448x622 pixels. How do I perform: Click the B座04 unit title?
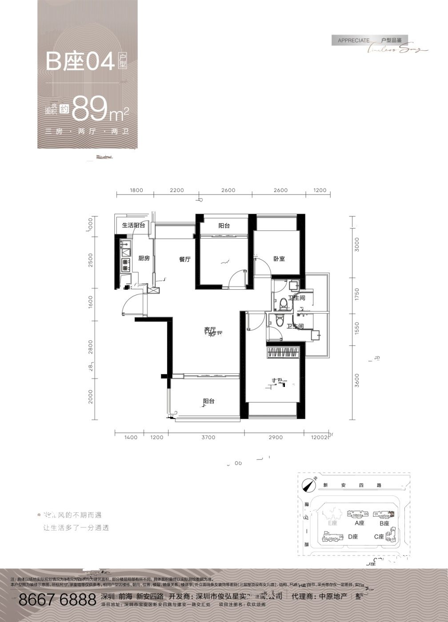[80, 62]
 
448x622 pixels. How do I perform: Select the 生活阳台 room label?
[134, 226]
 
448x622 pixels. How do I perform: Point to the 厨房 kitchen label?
[144, 259]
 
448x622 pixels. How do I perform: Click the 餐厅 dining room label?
[184, 259]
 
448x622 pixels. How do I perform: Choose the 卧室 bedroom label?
[279, 259]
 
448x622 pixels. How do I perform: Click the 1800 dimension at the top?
[136, 191]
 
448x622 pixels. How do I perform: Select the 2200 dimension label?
[176, 191]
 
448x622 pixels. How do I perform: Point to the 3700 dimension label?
[208, 438]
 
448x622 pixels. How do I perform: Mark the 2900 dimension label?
[276, 438]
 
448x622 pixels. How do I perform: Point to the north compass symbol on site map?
[307, 485]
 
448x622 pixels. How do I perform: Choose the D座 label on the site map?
[353, 537]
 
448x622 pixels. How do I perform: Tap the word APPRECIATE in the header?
[353, 40]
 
